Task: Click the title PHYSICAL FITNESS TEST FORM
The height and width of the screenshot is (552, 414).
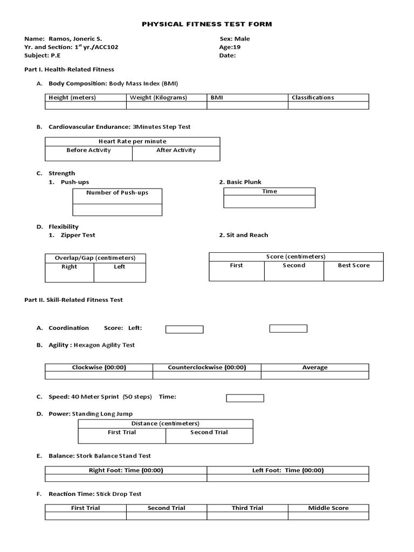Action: pos(207,24)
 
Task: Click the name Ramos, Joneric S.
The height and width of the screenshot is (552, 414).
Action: pos(75,39)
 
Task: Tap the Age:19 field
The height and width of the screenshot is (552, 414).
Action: pos(230,47)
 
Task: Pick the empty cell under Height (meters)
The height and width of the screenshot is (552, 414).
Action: pos(86,106)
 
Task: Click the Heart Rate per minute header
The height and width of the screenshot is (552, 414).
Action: pos(133,141)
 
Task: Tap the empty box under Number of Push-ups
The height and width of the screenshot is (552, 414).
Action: pos(117,210)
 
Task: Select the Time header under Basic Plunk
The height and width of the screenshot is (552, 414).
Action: pos(270,191)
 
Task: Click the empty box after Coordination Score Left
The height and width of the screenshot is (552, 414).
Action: pos(184,329)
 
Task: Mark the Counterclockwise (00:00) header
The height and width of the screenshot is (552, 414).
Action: pos(207,368)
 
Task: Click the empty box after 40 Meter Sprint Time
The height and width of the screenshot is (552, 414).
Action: pos(245,398)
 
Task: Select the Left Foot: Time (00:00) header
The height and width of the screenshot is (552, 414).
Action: pos(288,470)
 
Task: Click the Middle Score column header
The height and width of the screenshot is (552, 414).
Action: pos(328,508)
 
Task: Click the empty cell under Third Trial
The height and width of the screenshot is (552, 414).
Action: pos(247,516)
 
